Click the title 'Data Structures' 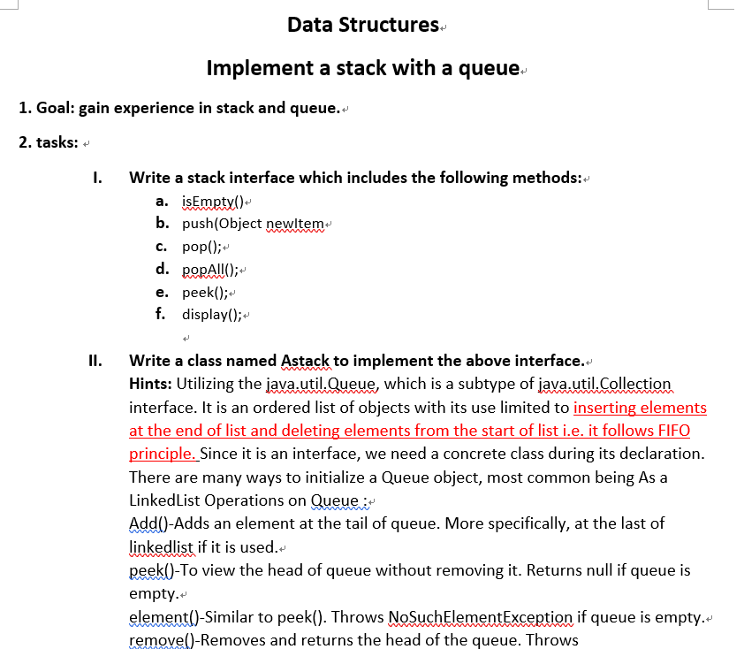(363, 25)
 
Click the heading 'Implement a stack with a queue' (362, 67)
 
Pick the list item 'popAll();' (210, 269)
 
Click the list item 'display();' (212, 315)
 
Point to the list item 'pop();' (201, 247)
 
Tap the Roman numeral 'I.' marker (97, 178)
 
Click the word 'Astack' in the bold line (305, 361)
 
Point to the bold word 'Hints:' (151, 384)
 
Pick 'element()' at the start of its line (164, 616)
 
